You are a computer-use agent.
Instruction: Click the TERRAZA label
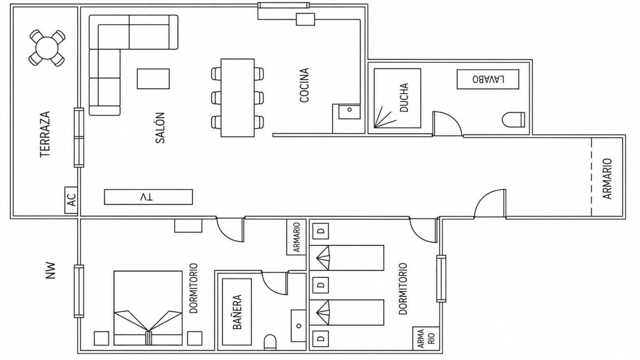(45, 134)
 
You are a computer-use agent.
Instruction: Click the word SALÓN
(160, 128)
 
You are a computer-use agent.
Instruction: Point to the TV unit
(148, 197)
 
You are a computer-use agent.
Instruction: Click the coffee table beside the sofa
(153, 79)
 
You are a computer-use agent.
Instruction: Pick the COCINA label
(304, 85)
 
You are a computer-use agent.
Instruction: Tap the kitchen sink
(349, 111)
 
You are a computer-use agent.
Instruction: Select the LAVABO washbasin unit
(488, 79)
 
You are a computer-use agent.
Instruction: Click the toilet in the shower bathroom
(513, 120)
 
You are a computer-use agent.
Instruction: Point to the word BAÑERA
(237, 312)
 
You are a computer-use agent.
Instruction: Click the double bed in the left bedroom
(148, 308)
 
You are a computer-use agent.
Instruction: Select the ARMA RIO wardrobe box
(424, 338)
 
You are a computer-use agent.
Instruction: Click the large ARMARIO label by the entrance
(607, 179)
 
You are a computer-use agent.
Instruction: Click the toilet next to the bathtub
(270, 342)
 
